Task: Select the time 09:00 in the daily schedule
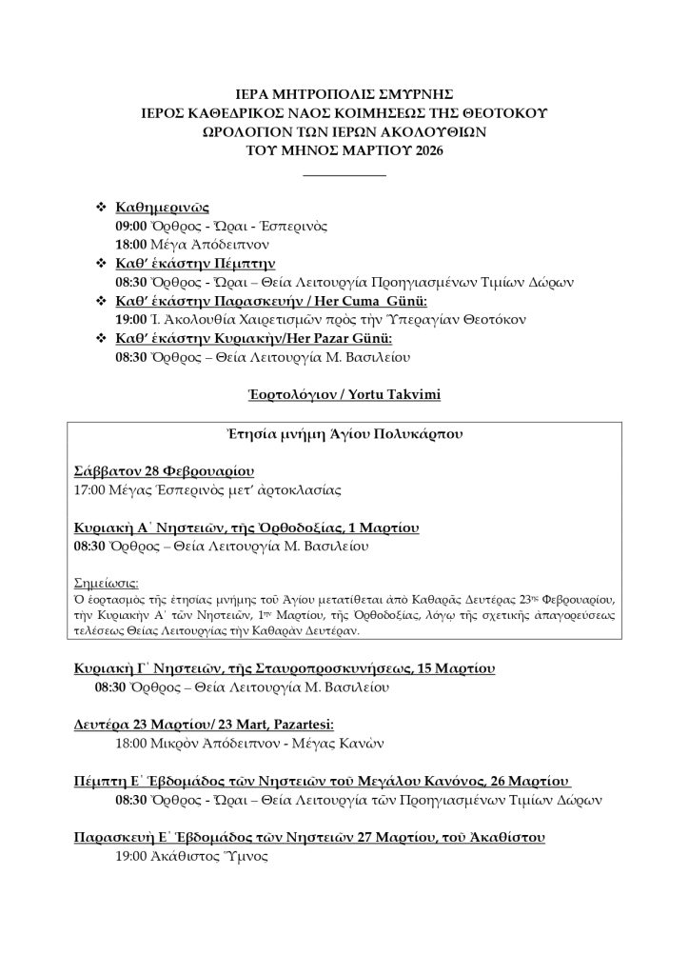tap(130, 226)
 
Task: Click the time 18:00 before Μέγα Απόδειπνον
tap(130, 245)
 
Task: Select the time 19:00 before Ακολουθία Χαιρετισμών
tap(130, 320)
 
